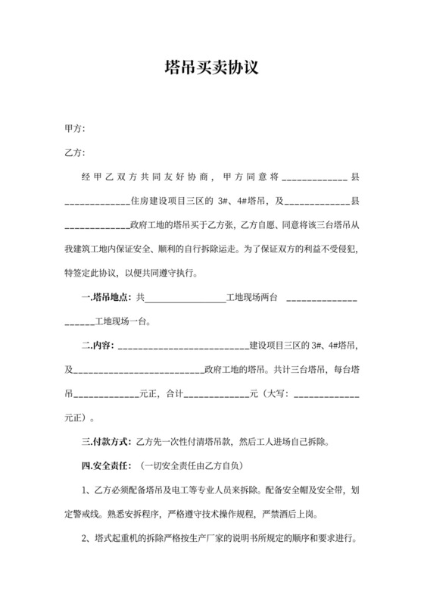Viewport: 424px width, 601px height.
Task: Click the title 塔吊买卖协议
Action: click(x=212, y=67)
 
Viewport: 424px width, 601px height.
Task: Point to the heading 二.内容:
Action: click(x=96, y=346)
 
